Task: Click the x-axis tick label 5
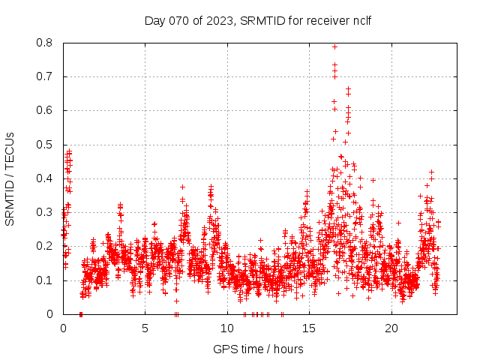tap(145, 328)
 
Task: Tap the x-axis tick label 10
tap(227, 328)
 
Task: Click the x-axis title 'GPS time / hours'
tap(258, 349)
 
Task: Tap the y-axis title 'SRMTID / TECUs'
tap(10, 178)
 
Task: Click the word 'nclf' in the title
tap(361, 20)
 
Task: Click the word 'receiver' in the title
tap(327, 20)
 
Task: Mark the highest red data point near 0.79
tap(334, 46)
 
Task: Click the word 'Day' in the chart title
tap(154, 20)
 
